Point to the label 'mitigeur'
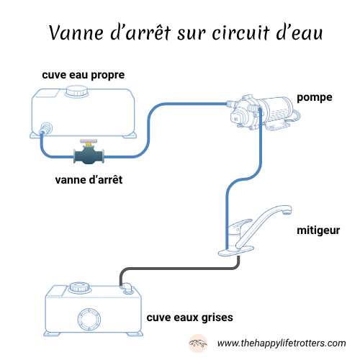click(318, 231)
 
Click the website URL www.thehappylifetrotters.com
click(282, 343)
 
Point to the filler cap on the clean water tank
click(75, 91)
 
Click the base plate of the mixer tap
click(236, 251)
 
